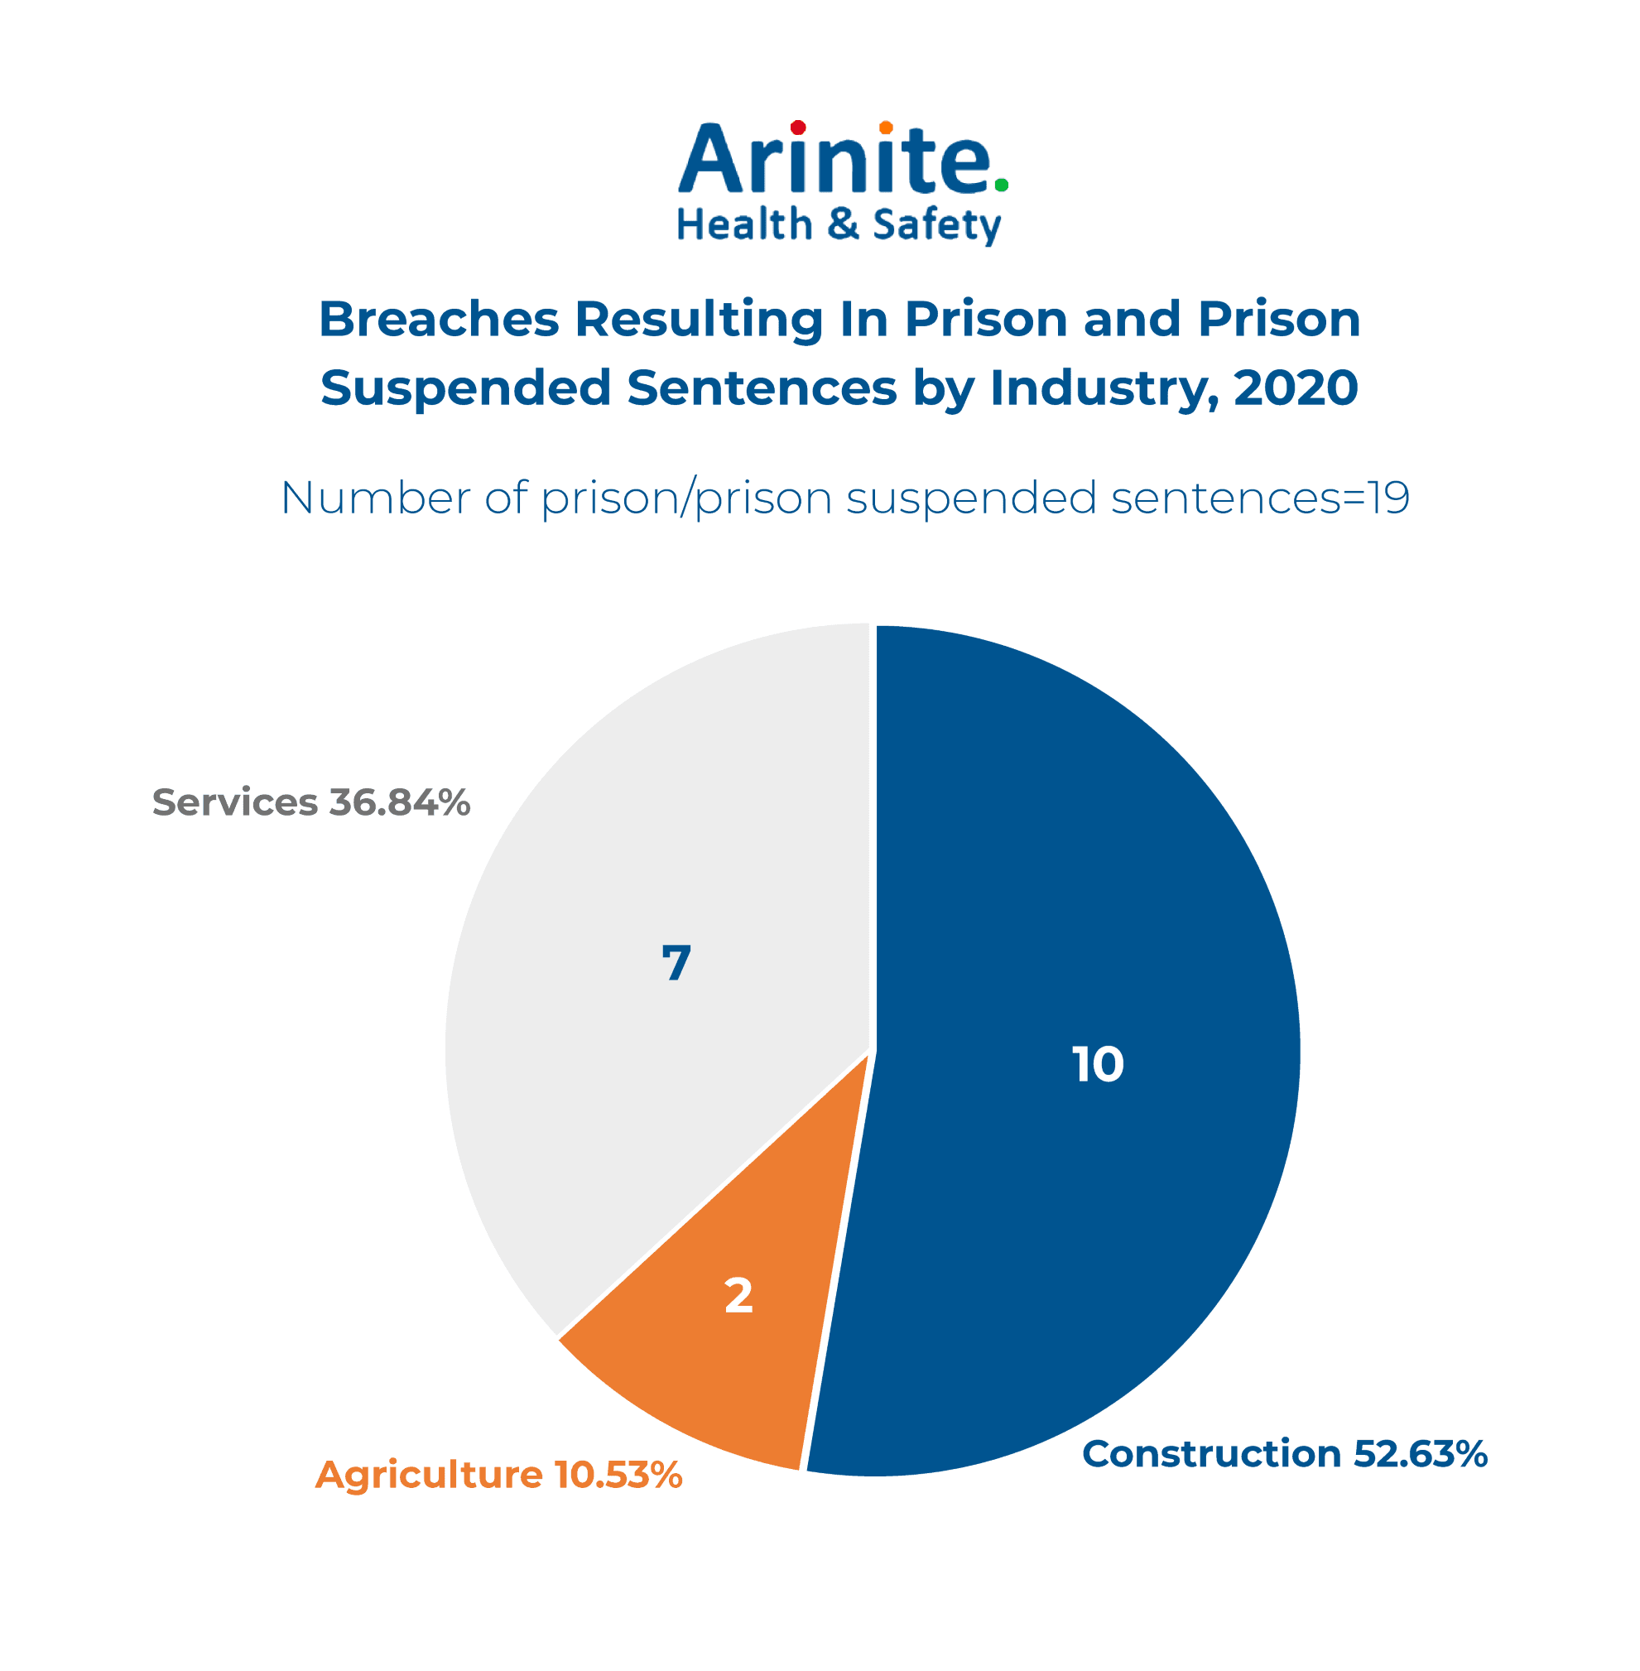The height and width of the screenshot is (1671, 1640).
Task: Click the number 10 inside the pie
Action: pyautogui.click(x=1098, y=1065)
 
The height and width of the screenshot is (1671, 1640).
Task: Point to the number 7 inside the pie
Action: pyautogui.click(x=676, y=963)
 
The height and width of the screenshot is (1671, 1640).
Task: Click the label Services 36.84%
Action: pyautogui.click(x=311, y=802)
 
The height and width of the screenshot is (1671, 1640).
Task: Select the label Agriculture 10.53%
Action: pyautogui.click(x=498, y=1476)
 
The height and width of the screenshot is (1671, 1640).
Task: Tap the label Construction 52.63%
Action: pyautogui.click(x=1284, y=1455)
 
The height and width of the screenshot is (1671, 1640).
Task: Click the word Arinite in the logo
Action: pyautogui.click(x=835, y=160)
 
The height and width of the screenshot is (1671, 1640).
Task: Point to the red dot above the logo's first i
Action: pyautogui.click(x=797, y=128)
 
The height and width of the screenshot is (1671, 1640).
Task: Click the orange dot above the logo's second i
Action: pyautogui.click(x=886, y=128)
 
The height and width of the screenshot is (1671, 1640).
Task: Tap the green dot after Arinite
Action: pyautogui.click(x=1001, y=185)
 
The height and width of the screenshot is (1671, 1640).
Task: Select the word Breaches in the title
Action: pyautogui.click(x=439, y=320)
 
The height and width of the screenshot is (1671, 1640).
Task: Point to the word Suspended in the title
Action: pyautogui.click(x=465, y=389)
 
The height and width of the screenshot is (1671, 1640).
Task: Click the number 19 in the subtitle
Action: pyautogui.click(x=1388, y=498)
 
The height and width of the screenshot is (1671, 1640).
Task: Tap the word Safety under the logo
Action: pyautogui.click(x=936, y=226)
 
